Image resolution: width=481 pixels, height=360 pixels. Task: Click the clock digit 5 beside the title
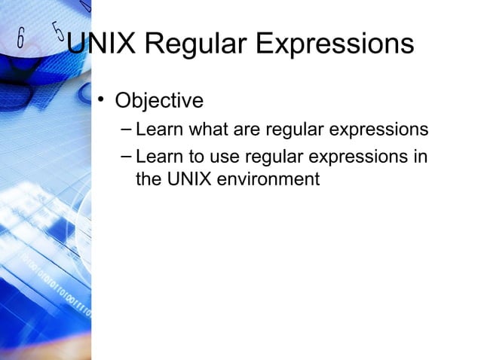pyautogui.click(x=58, y=32)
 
